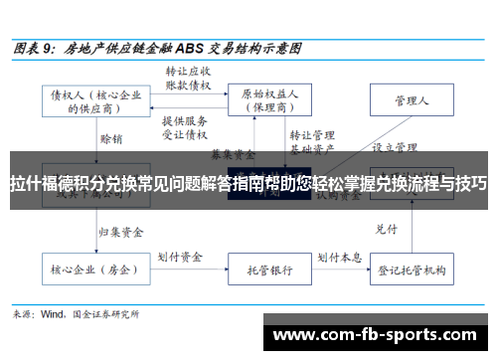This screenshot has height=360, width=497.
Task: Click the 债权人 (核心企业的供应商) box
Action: [93, 101]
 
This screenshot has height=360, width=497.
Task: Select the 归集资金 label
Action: [120, 204]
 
